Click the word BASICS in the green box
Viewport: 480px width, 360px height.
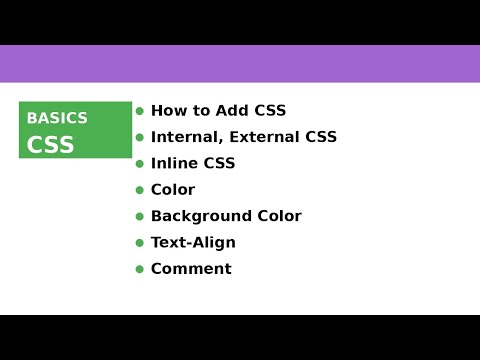click(x=57, y=118)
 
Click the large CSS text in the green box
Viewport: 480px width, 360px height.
click(x=50, y=145)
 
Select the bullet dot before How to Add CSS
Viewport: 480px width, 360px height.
click(x=140, y=111)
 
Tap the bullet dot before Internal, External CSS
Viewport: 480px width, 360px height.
click(x=140, y=137)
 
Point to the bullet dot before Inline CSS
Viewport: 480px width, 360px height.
click(x=140, y=163)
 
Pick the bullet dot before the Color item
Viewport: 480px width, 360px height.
click(x=140, y=190)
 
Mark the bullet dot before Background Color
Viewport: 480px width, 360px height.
click(x=140, y=216)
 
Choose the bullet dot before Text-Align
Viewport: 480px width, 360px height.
click(x=140, y=242)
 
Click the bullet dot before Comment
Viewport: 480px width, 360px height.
click(x=140, y=269)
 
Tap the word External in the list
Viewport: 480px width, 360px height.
click(x=262, y=137)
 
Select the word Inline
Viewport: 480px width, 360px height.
click(x=173, y=163)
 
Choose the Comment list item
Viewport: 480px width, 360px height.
click(x=191, y=269)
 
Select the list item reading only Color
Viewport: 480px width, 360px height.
click(x=173, y=190)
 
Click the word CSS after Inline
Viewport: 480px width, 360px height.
click(x=218, y=163)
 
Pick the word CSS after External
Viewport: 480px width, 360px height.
click(x=320, y=137)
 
